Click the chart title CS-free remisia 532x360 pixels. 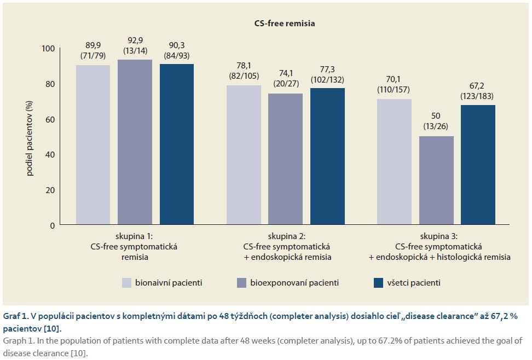point(284,24)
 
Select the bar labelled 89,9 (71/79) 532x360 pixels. point(92,145)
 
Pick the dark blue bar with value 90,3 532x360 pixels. point(176,144)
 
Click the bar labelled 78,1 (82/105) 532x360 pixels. point(244,155)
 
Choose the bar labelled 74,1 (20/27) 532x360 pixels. point(286,159)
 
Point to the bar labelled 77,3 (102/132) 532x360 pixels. point(327,156)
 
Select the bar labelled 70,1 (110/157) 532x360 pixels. point(395,162)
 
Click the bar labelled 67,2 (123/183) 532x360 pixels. point(478,165)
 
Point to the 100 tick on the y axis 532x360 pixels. point(48,49)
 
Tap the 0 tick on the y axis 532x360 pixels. point(53,225)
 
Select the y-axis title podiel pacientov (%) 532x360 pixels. point(30,137)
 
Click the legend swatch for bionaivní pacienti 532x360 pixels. point(126,283)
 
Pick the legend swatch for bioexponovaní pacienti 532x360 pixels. point(242,283)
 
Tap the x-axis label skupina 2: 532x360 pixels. point(285,236)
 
